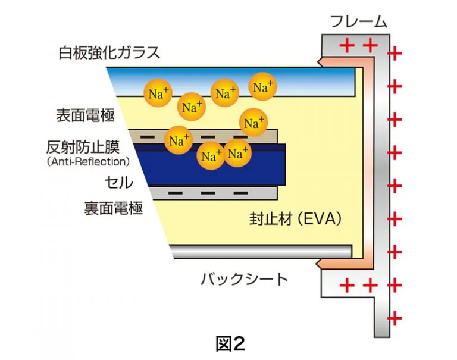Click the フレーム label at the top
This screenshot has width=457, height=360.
[358, 23]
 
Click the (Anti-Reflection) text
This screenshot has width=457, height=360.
[87, 161]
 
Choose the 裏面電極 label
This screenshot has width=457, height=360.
[114, 208]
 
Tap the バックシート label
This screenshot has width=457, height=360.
[244, 278]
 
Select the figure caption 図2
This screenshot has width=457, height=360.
[229, 343]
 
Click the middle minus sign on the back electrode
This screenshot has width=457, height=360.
[208, 193]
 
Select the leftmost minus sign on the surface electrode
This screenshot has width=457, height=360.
[146, 137]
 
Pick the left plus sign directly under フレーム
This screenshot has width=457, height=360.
[346, 45]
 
